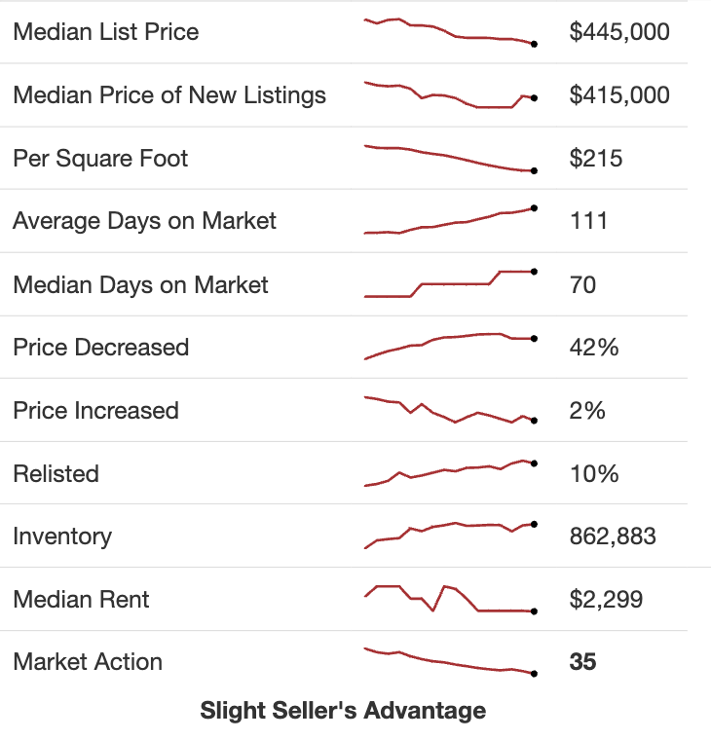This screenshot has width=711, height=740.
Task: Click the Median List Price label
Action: pos(105,32)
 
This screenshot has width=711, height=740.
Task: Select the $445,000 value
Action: pos(619,32)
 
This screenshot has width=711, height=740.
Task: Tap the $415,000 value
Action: pos(619,95)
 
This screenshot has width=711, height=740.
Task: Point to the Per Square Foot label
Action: pos(100,159)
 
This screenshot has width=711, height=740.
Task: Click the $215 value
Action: pos(596,159)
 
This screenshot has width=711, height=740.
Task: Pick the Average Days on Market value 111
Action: pos(588,221)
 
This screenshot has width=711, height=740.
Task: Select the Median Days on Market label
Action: pos(140,285)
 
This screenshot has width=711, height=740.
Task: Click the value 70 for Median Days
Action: pos(582,285)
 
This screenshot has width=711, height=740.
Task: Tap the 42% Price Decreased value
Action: pos(594,348)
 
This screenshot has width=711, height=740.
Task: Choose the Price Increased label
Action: pos(95,411)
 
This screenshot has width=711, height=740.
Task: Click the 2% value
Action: pos(587,411)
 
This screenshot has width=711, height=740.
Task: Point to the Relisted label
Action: pos(56,474)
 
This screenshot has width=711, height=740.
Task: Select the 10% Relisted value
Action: pos(594,474)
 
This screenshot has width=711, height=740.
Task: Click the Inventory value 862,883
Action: pos(613,536)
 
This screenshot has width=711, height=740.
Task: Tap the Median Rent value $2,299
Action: pos(606,600)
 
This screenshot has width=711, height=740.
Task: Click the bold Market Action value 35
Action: pos(582,662)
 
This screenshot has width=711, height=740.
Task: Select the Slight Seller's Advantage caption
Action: pos(343,711)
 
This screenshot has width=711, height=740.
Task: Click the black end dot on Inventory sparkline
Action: pos(534,524)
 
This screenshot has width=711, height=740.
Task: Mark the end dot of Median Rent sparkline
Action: pos(534,611)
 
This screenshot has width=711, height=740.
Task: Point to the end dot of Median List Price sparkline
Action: pos(534,44)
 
